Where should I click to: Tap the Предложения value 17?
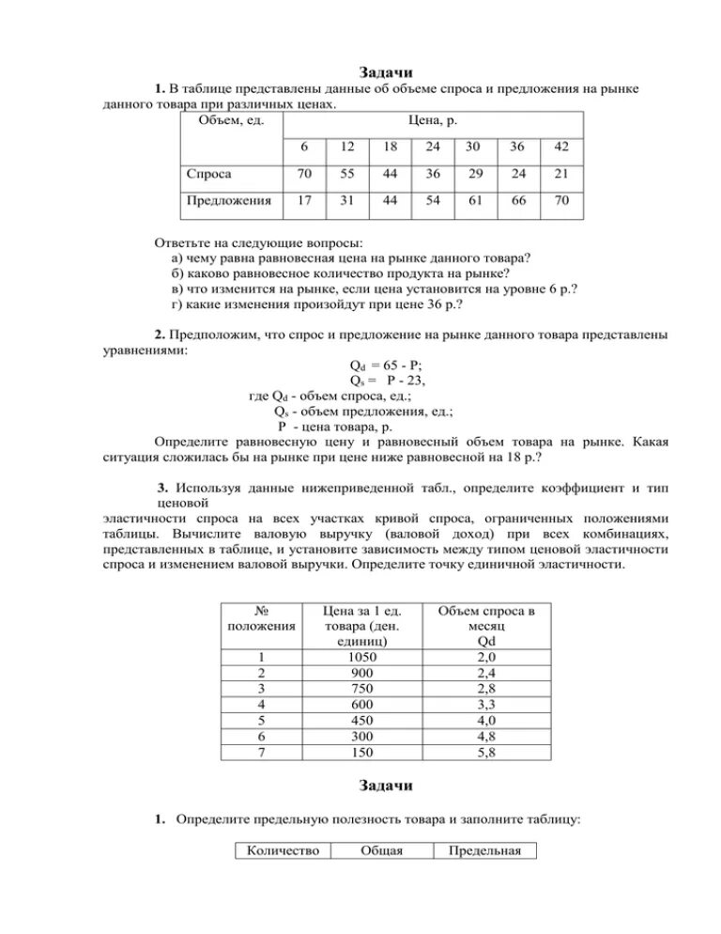[304, 200]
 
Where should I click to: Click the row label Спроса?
[210, 174]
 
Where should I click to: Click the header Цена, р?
[434, 120]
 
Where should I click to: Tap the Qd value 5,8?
[486, 753]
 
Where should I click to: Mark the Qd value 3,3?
[486, 705]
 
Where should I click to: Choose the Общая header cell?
[380, 851]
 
